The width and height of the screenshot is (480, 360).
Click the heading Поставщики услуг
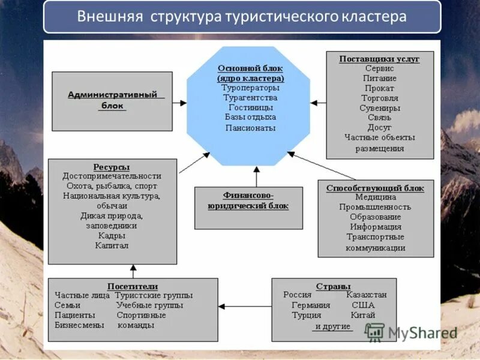click(379, 59)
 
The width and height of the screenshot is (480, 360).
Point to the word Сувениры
click(380, 108)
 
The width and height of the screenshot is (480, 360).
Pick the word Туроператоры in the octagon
click(250, 88)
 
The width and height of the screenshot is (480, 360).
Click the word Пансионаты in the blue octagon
click(250, 127)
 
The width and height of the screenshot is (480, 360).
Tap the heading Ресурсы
click(112, 166)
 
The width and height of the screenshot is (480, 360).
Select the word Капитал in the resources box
click(112, 245)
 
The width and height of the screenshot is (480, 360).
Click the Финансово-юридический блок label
click(248, 200)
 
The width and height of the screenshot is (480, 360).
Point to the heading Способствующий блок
click(375, 188)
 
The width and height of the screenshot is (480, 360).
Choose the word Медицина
click(376, 197)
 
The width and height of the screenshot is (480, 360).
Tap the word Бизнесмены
click(79, 325)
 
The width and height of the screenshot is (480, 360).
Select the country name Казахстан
click(366, 295)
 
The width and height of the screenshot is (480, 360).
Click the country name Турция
click(307, 315)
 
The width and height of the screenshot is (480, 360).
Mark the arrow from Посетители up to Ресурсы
click(133, 271)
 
